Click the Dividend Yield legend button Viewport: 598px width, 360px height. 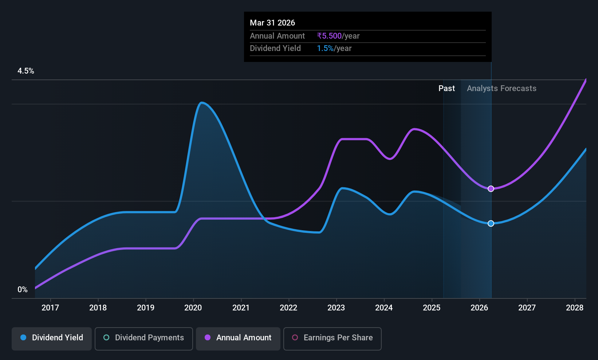tap(51, 339)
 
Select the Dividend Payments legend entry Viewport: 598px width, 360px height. tap(143, 339)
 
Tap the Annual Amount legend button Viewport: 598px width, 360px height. tap(238, 339)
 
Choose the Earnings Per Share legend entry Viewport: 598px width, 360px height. tap(333, 339)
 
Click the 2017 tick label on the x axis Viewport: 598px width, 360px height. tap(50, 308)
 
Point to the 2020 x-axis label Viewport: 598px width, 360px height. tap(193, 308)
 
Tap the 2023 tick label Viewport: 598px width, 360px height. tap(336, 308)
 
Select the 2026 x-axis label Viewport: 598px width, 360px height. tap(479, 308)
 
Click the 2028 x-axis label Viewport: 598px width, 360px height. tap(575, 308)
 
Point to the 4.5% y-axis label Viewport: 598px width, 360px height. tap(25, 71)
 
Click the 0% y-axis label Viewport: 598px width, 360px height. tap(23, 290)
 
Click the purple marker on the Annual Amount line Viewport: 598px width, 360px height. tap(491, 189)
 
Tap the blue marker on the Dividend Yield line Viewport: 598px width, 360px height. tap(491, 223)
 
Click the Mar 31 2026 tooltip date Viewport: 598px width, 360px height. tap(272, 23)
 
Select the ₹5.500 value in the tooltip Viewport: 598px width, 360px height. tap(329, 36)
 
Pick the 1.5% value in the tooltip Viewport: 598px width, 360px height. tap(325, 48)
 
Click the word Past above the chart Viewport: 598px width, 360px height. tap(446, 89)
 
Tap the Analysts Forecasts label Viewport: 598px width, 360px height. tap(501, 89)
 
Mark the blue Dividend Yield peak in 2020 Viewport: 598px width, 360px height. tap(201, 102)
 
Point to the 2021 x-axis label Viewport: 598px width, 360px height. tap(241, 308)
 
